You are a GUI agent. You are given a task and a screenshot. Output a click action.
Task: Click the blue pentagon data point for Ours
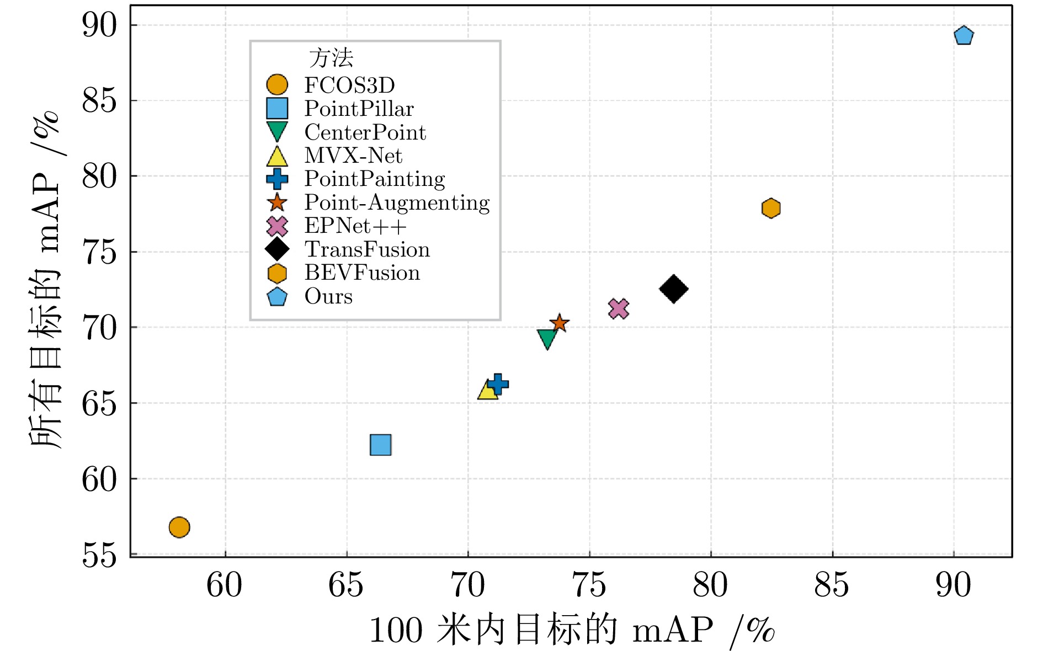pos(963,36)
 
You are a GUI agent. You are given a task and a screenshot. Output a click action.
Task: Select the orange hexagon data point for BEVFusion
pos(770,208)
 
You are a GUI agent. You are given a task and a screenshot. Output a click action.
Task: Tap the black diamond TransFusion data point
pos(673,289)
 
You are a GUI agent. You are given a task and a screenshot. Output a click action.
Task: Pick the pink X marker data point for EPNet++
pos(619,308)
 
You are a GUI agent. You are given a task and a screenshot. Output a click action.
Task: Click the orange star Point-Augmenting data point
pos(559,323)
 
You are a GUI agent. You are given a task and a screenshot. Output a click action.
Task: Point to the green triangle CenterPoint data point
pos(547,338)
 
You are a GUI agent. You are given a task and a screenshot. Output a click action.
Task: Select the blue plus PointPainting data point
pos(497,383)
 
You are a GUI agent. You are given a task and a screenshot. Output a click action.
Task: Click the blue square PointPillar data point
pos(380,445)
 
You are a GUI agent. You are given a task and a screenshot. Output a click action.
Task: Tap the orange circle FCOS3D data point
pos(179,527)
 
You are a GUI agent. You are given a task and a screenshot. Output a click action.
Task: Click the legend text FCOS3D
pos(349,86)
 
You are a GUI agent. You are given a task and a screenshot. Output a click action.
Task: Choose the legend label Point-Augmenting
pos(397,203)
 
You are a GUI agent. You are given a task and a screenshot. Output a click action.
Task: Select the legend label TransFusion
pos(367,250)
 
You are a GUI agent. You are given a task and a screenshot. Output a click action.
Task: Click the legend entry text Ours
pos(328,297)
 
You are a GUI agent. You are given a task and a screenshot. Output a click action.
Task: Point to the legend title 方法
pos(331,58)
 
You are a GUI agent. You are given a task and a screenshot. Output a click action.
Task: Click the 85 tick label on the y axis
pos(100,101)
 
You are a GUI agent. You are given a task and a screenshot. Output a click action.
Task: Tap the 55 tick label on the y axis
pos(100,555)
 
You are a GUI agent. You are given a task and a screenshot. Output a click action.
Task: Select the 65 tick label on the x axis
pos(346,585)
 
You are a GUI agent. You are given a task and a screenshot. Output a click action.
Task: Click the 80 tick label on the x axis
pos(710,585)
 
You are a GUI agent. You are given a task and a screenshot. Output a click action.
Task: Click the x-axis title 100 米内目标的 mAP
pos(571,630)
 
